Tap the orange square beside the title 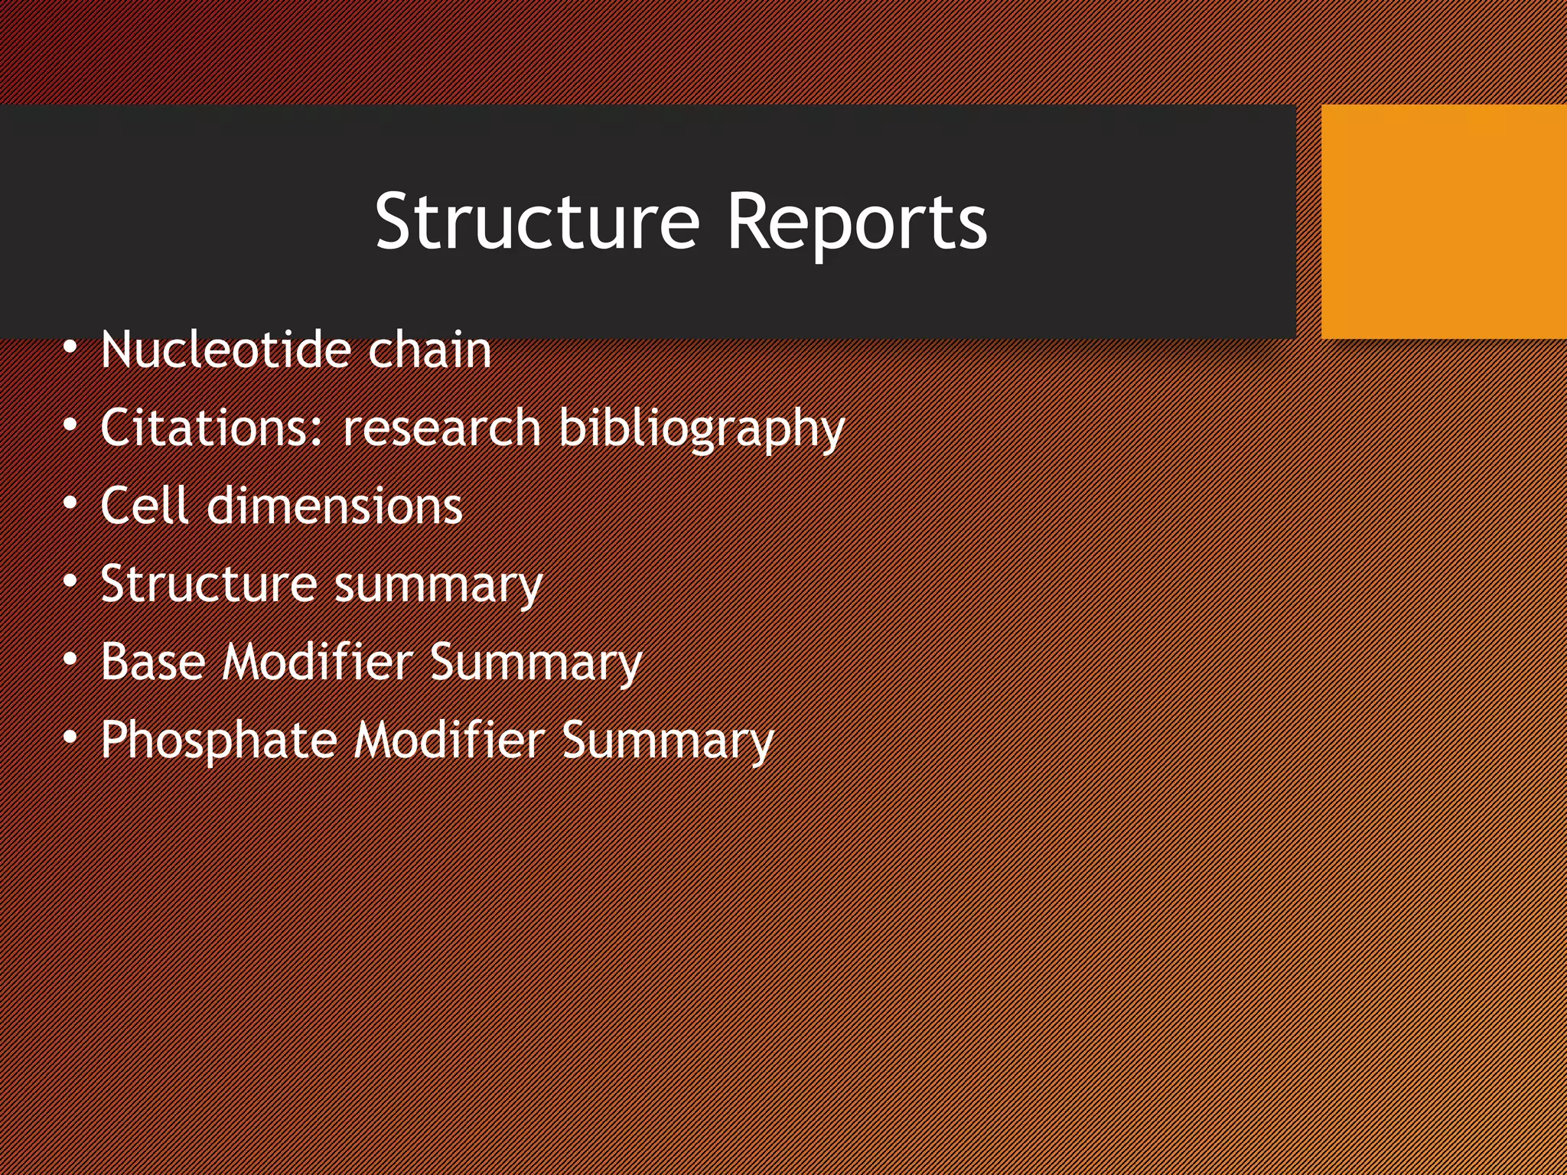tap(1443, 221)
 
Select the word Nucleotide tap(225, 350)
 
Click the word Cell tap(145, 506)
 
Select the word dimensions tap(334, 506)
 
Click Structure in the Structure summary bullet tap(208, 584)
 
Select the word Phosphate tap(219, 741)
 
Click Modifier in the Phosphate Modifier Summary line tap(449, 740)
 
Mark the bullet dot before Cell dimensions tap(70, 504)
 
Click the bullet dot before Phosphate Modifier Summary tap(70, 738)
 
